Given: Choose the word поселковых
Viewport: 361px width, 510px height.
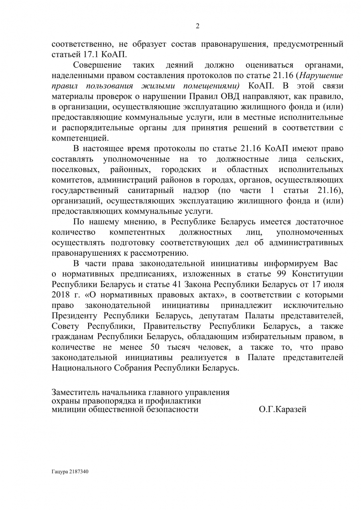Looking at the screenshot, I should pos(74,169).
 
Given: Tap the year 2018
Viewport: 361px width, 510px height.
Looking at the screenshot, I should pos(61,295).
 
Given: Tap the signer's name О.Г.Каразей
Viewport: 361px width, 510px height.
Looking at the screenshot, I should pos(282,410).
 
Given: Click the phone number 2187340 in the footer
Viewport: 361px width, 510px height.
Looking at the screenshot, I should pos(79,471).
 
